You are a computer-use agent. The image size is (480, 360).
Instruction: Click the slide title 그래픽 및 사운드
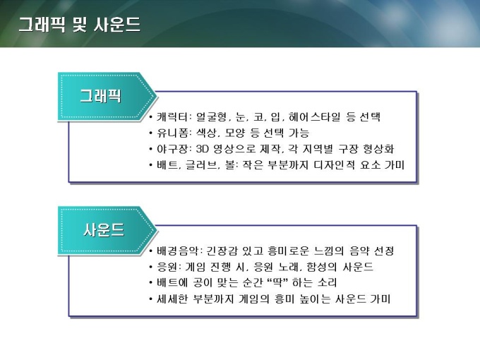[x=80, y=25]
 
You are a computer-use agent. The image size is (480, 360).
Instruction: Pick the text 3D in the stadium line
[x=203, y=149]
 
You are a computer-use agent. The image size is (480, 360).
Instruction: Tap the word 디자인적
[x=335, y=165]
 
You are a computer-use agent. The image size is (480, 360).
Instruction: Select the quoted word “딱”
[x=277, y=282]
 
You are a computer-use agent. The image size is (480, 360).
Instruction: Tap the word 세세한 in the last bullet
[x=172, y=299]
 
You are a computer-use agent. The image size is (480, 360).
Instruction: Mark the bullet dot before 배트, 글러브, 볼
[x=150, y=165]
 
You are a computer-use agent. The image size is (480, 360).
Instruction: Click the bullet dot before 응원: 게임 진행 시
[x=150, y=268]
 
